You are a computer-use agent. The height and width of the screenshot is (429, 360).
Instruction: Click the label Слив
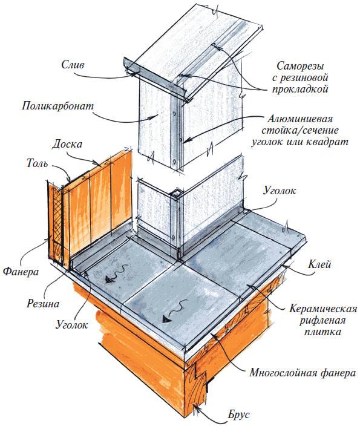73,65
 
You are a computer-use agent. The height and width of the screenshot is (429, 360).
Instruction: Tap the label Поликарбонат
57,106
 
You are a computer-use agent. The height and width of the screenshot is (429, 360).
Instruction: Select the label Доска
67,144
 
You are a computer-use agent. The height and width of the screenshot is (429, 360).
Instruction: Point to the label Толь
37,163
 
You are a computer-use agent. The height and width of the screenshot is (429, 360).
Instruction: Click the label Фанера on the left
21,272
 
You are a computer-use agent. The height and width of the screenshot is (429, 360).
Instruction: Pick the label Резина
43,304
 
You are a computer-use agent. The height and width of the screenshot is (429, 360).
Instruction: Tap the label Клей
319,264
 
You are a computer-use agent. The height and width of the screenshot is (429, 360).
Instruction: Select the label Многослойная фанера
303,373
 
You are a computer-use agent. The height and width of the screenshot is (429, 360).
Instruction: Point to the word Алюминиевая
300,119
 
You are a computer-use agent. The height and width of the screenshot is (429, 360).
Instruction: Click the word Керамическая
323,309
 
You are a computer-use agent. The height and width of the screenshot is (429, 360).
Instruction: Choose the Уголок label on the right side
280,190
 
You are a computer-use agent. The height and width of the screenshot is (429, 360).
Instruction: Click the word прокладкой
300,89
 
